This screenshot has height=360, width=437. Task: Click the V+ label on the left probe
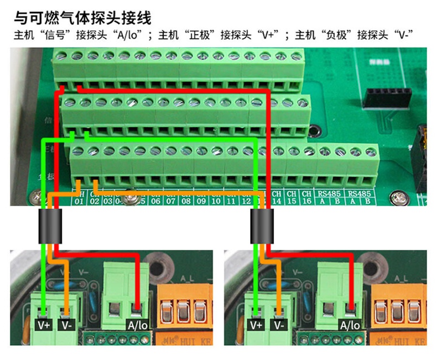44,325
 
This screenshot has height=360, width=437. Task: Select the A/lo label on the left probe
137,325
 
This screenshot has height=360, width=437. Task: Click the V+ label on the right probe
256,325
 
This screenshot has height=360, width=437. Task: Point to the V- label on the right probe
278,325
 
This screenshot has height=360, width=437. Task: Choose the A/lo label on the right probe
350,325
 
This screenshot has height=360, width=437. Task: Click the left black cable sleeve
49,227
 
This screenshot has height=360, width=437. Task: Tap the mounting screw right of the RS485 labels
396,196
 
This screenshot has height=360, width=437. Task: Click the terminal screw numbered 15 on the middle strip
287,103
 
